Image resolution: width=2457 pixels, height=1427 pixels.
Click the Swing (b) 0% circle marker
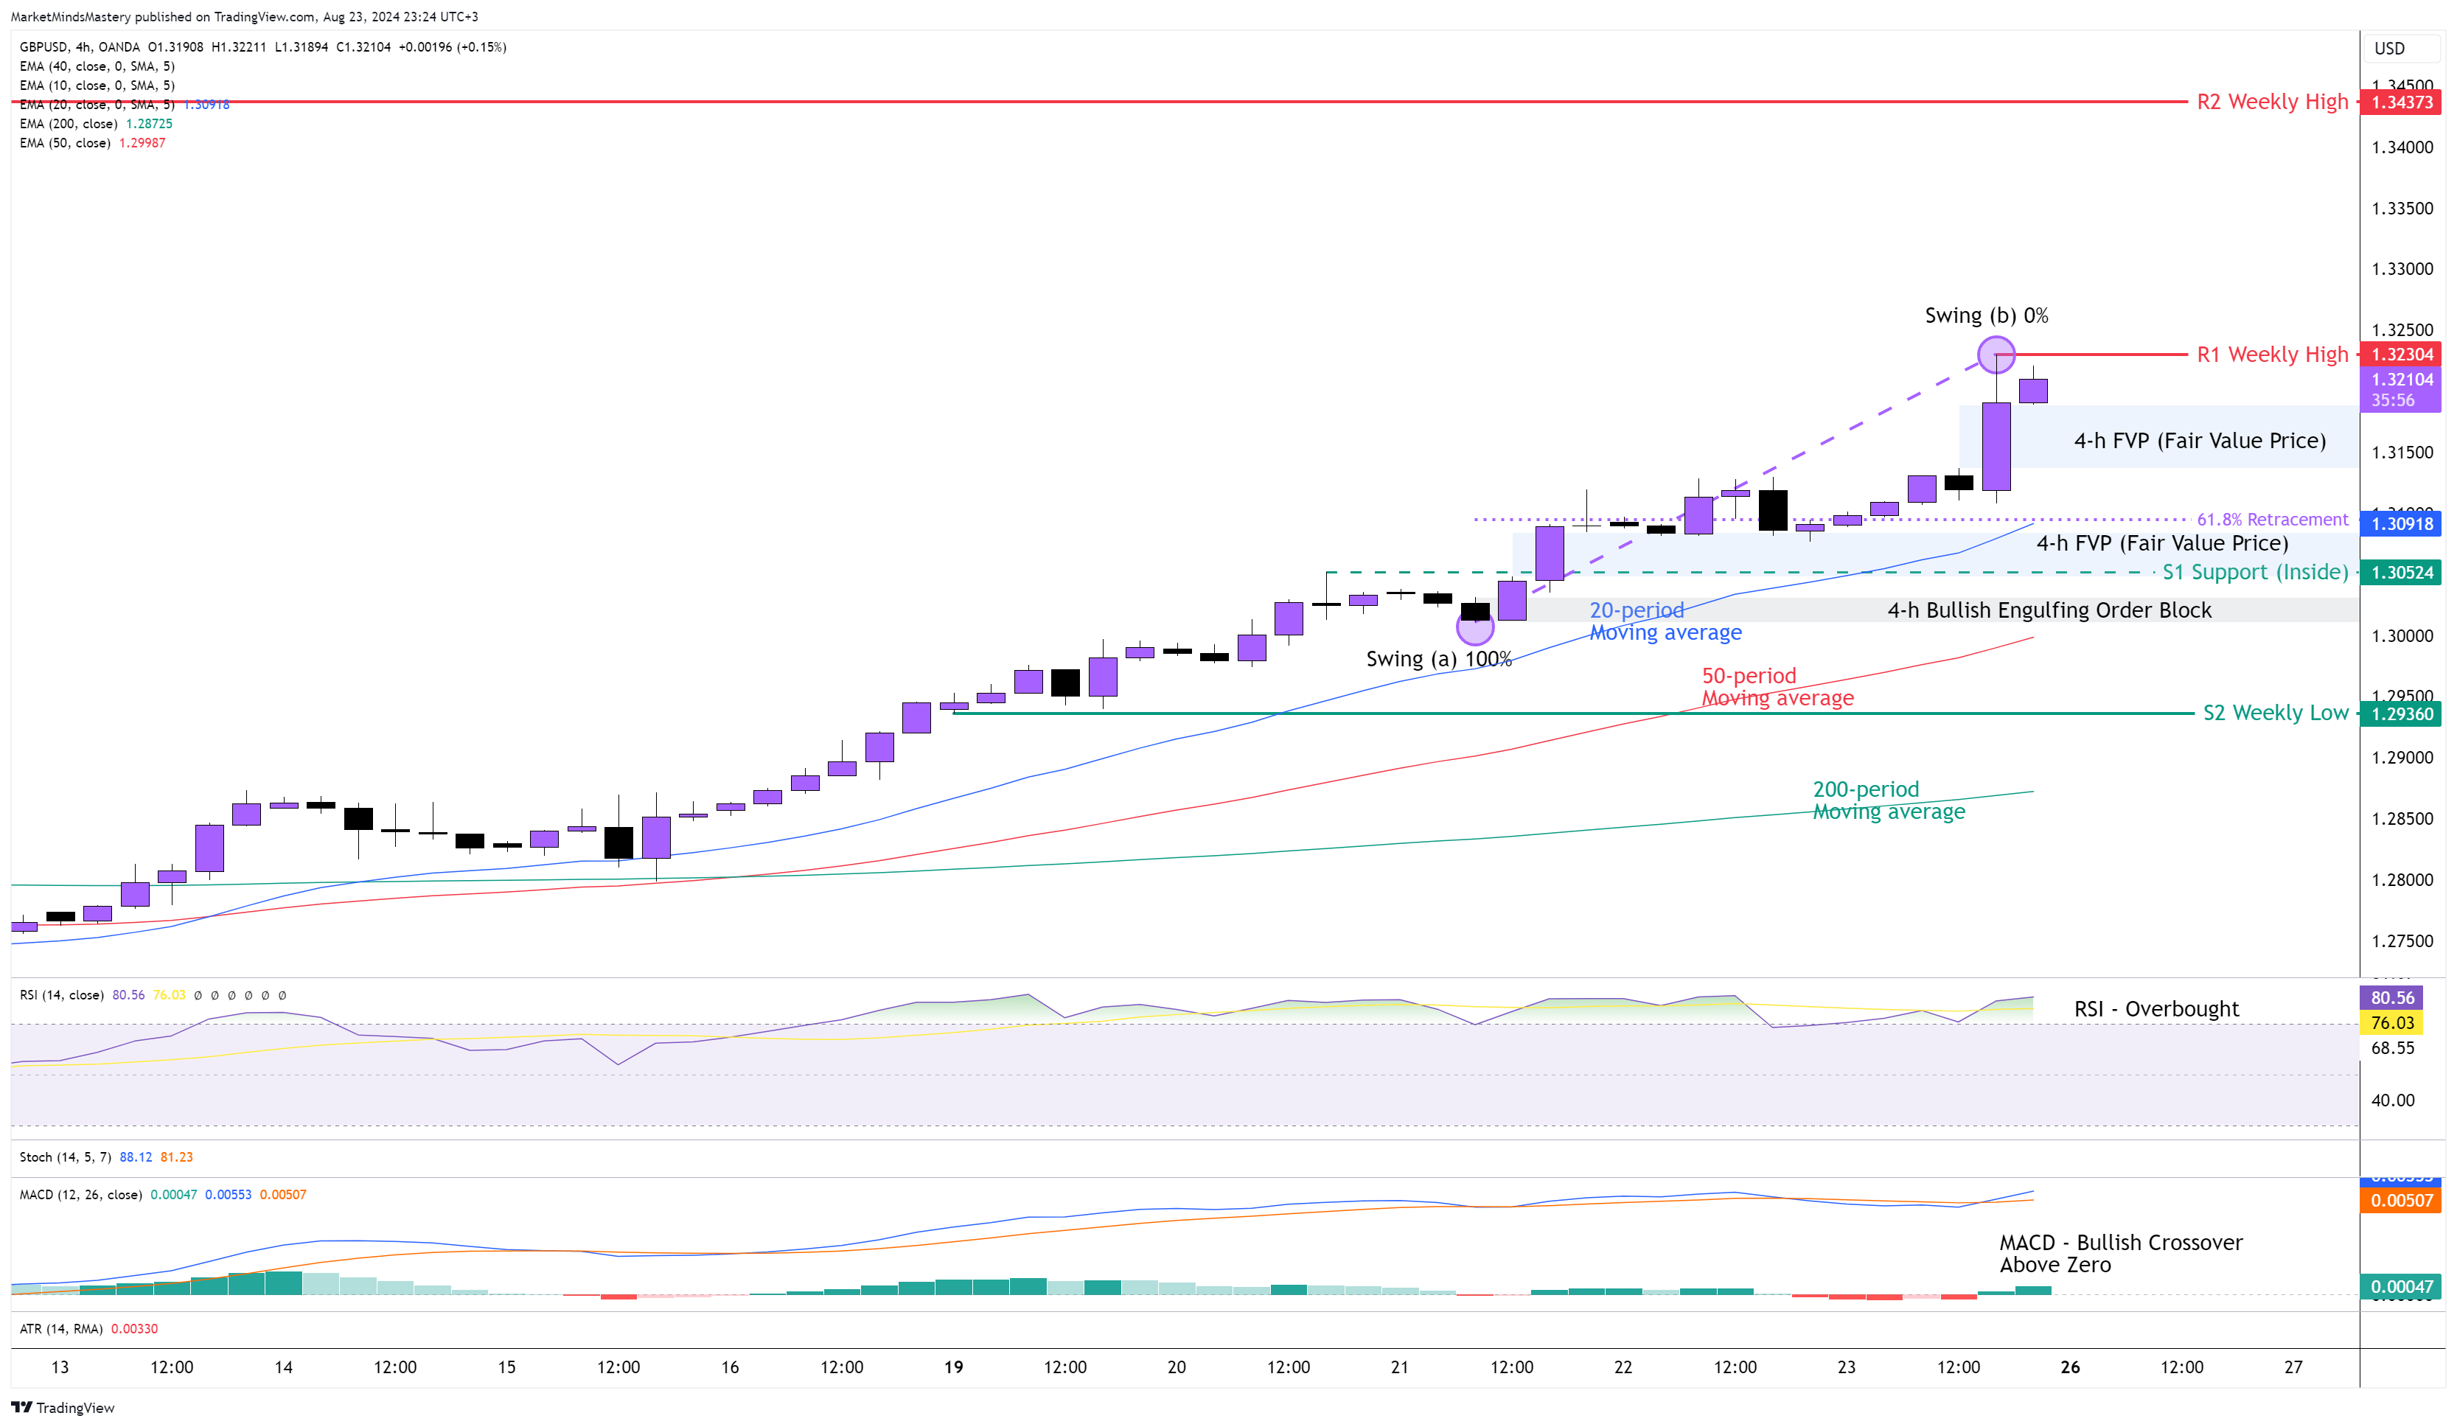click(1996, 355)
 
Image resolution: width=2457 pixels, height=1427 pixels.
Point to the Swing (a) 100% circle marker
click(1474, 627)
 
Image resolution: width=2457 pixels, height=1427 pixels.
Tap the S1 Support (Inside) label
click(2254, 572)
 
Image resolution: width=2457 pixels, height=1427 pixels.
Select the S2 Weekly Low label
click(2275, 713)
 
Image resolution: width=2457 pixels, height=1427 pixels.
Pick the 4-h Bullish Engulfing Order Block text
click(2049, 610)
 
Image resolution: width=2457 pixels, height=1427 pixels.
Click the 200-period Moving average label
click(1888, 800)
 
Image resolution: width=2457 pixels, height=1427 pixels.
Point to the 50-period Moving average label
click(1777, 687)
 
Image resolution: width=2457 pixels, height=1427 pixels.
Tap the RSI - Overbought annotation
click(2155, 1009)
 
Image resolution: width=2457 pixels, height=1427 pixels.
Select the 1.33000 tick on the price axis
click(2402, 269)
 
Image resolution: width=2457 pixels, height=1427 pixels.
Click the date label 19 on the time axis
click(954, 1367)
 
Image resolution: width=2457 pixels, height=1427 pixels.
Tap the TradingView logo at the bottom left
click(63, 1408)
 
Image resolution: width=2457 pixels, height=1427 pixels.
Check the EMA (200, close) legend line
click(96, 124)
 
